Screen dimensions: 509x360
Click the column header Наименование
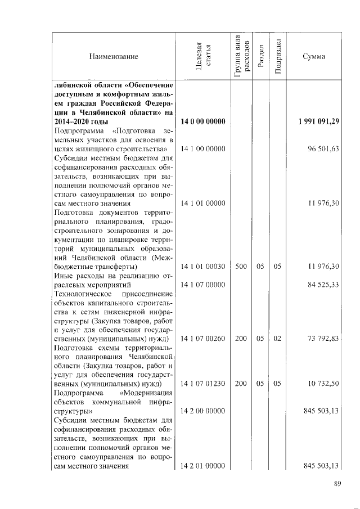(x=113, y=57)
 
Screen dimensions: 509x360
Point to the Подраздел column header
(x=277, y=57)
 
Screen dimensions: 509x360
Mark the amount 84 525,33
(x=323, y=285)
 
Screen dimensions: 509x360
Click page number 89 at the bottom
(x=337, y=487)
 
